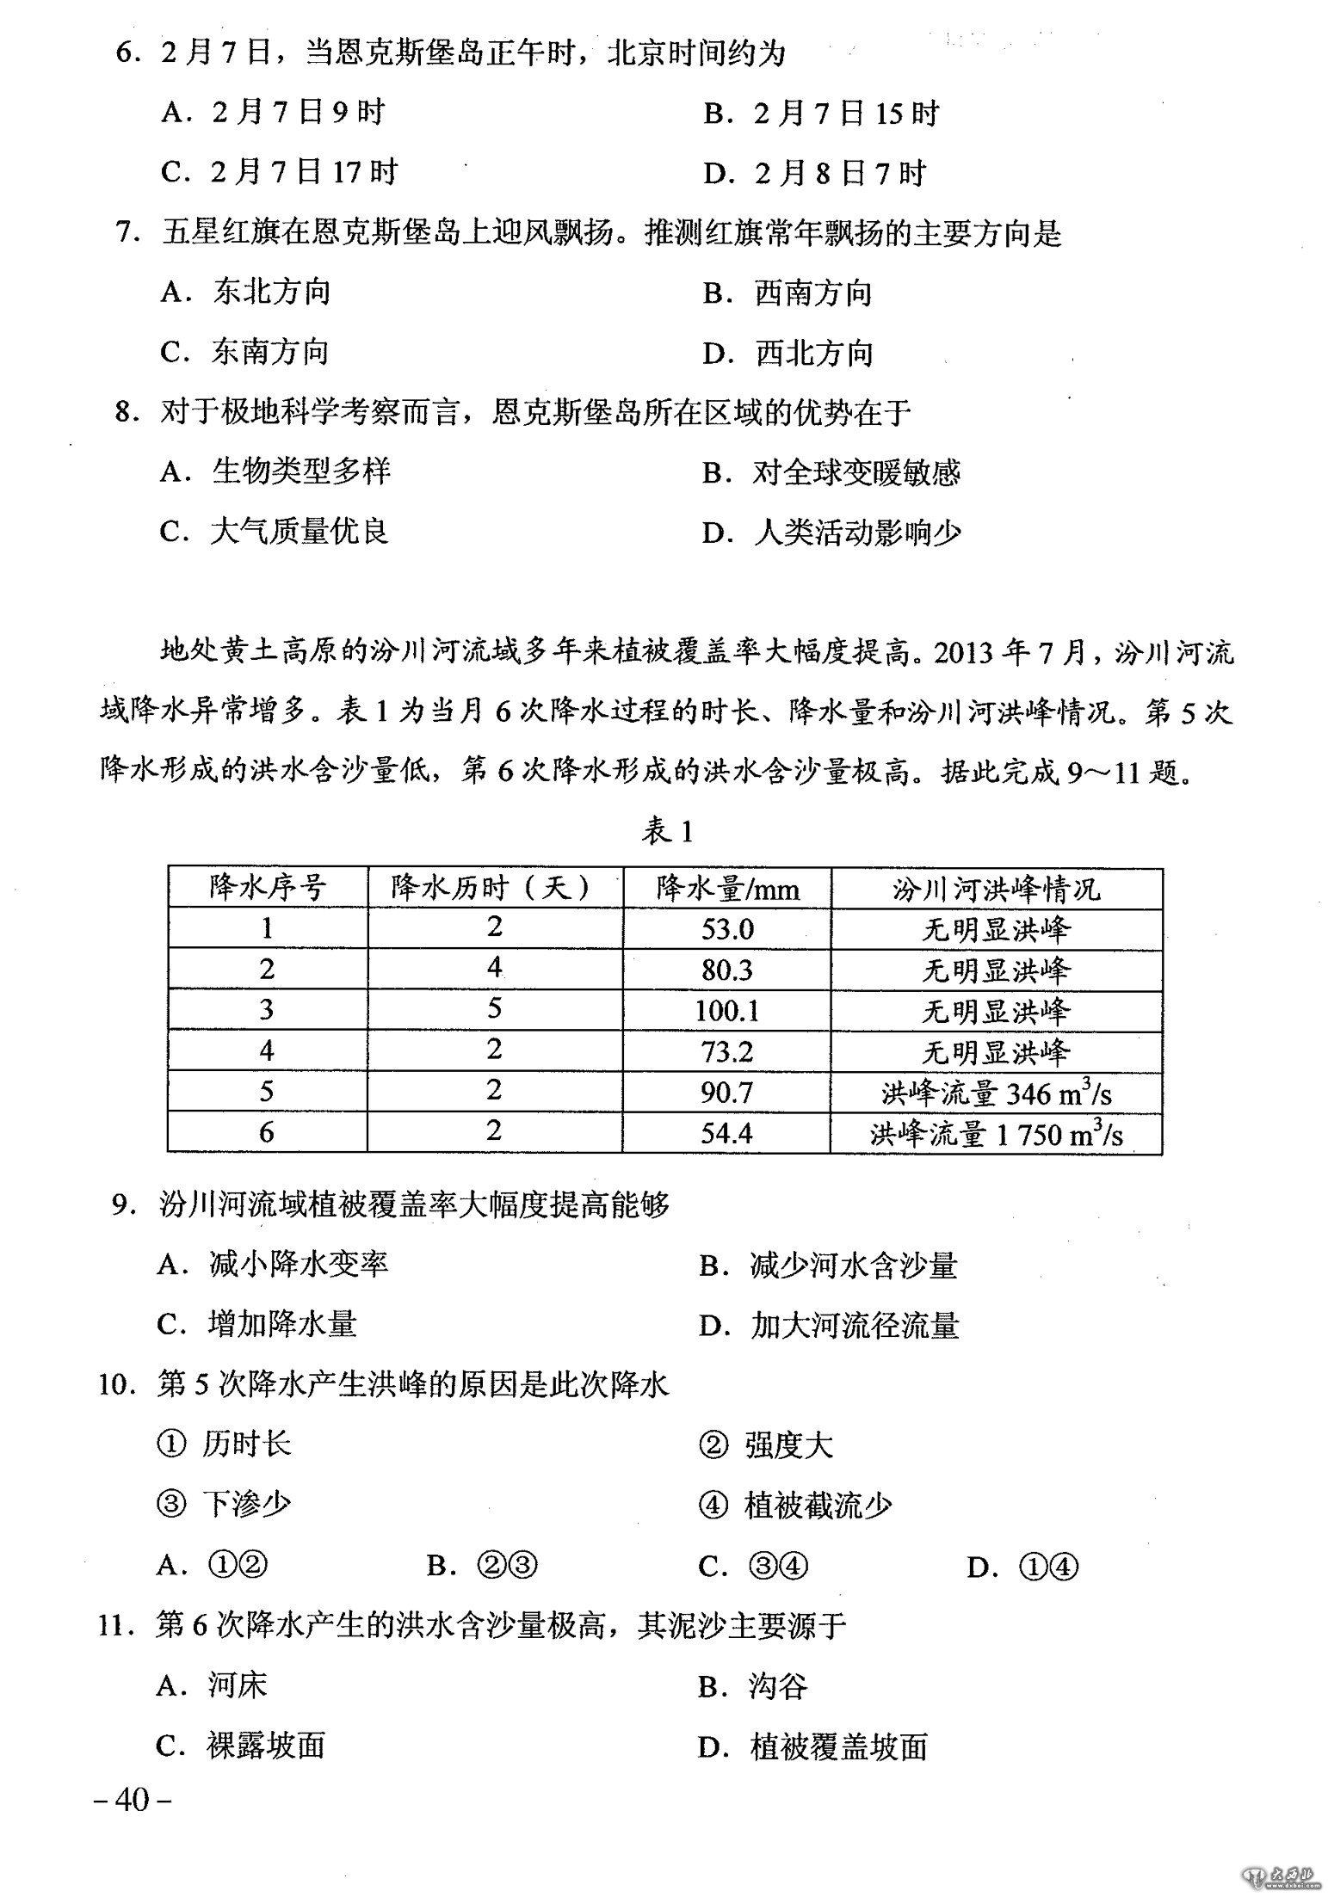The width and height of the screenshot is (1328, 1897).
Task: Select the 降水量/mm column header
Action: (x=727, y=888)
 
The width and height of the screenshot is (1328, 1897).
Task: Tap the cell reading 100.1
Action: (x=727, y=1010)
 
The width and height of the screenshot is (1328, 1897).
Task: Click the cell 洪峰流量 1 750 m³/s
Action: (x=996, y=1133)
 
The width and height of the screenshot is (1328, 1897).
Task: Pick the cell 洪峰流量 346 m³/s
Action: (x=996, y=1093)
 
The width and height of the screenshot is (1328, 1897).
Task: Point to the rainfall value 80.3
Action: (x=727, y=970)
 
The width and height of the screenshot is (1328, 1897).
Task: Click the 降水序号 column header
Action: (x=268, y=887)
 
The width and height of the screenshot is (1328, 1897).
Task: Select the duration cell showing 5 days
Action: (x=494, y=1008)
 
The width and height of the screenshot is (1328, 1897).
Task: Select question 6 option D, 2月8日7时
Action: (x=813, y=174)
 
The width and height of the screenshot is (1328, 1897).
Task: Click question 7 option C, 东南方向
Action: (x=245, y=352)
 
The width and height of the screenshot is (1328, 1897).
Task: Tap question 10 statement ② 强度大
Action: (x=765, y=1445)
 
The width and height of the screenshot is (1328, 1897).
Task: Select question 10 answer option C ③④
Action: (x=753, y=1567)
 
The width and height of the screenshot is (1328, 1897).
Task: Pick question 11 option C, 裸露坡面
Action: (x=242, y=1746)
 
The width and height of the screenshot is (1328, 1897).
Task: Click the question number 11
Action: (x=114, y=1626)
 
